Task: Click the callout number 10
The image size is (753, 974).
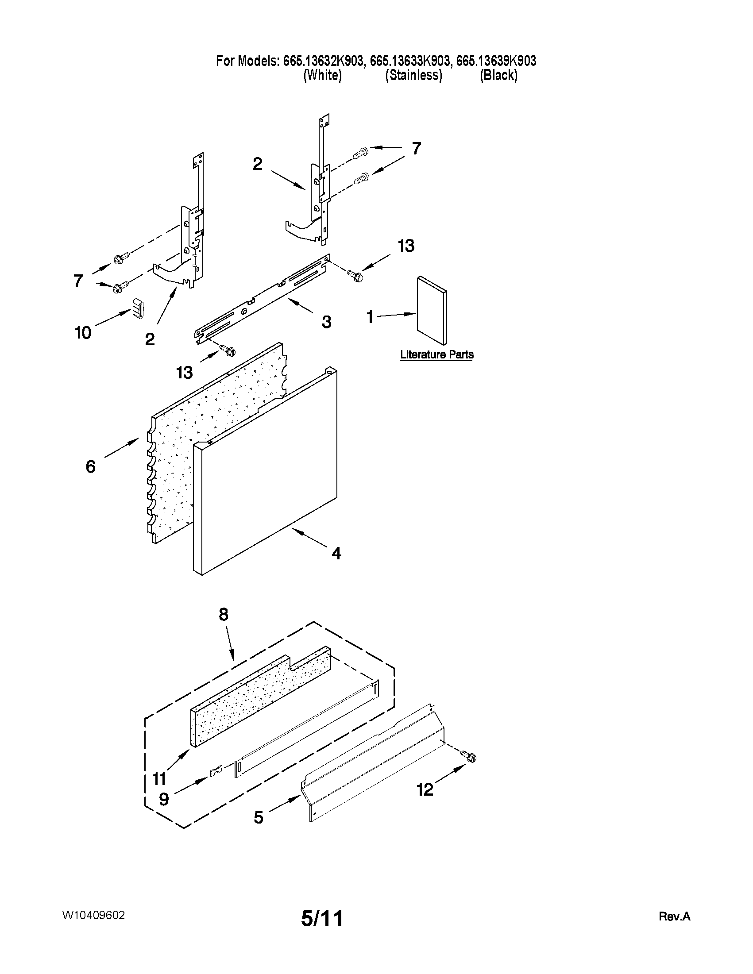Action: pos(83,333)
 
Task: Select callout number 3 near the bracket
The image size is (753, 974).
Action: pos(327,322)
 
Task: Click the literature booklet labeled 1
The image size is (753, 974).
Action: pos(431,310)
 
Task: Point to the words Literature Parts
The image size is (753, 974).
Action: pos(437,355)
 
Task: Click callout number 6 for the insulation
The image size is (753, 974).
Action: pos(91,466)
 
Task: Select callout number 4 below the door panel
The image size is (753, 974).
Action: pos(336,554)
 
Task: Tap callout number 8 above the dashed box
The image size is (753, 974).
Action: pos(224,615)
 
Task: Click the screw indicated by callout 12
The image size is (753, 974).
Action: pos(470,757)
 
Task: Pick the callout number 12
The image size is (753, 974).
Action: pos(425,790)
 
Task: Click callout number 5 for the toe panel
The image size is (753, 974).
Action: pos(259,817)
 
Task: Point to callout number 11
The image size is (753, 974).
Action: pos(159,779)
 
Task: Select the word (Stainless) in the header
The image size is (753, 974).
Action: pos(413,75)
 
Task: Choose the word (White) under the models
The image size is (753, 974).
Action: pos(323,75)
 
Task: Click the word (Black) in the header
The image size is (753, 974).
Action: pos(498,75)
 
